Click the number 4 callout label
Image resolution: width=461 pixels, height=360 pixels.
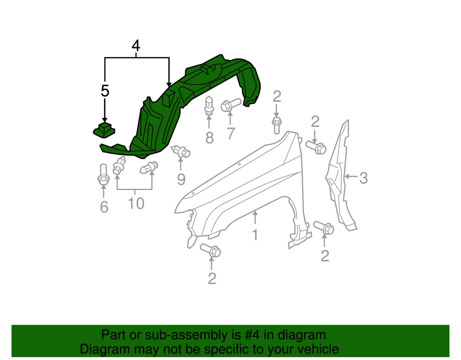136,46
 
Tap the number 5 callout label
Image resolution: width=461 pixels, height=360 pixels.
105,91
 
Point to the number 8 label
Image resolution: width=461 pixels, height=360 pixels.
209,138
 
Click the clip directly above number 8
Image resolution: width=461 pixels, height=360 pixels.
209,106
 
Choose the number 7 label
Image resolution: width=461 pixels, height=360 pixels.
231,133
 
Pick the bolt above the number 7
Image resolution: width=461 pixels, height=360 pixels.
230,105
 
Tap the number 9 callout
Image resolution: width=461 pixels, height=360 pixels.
181,179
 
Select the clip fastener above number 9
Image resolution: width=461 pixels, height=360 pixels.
181,152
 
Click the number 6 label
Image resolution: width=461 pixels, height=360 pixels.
104,207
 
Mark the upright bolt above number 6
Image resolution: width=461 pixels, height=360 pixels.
103,175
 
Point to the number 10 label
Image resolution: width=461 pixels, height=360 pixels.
136,203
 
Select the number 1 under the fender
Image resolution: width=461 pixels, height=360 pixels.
255,235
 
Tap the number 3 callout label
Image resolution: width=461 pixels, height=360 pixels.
363,178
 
